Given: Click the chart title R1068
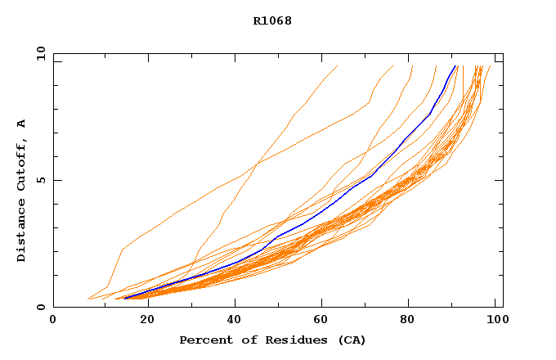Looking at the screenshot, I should (x=272, y=21).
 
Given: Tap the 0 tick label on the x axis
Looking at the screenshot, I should (x=53, y=320).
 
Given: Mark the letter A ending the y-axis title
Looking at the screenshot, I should (x=22, y=124).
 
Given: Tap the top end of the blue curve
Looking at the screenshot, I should (x=455, y=66).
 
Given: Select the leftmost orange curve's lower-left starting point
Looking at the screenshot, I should (x=87, y=299).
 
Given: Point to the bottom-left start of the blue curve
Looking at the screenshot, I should (x=124, y=299).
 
